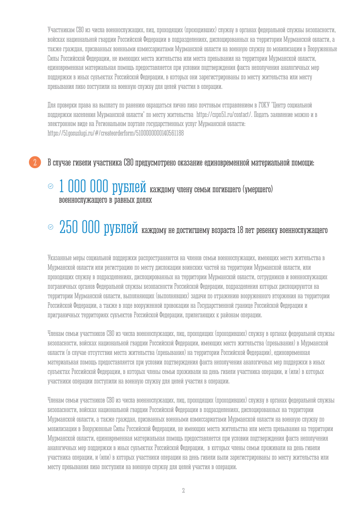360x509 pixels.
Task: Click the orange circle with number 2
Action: tap(35, 162)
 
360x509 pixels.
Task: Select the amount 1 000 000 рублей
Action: tap(102, 186)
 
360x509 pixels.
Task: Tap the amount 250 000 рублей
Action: tap(98, 228)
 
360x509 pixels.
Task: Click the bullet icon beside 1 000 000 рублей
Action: tap(50, 186)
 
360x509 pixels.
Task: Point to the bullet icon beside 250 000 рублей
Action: tap(50, 227)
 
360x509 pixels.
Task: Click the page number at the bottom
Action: tap(183, 490)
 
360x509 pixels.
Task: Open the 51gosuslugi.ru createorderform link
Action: tap(116, 133)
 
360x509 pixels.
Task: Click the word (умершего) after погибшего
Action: tap(258, 189)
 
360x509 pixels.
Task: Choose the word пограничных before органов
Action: tap(63, 286)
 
